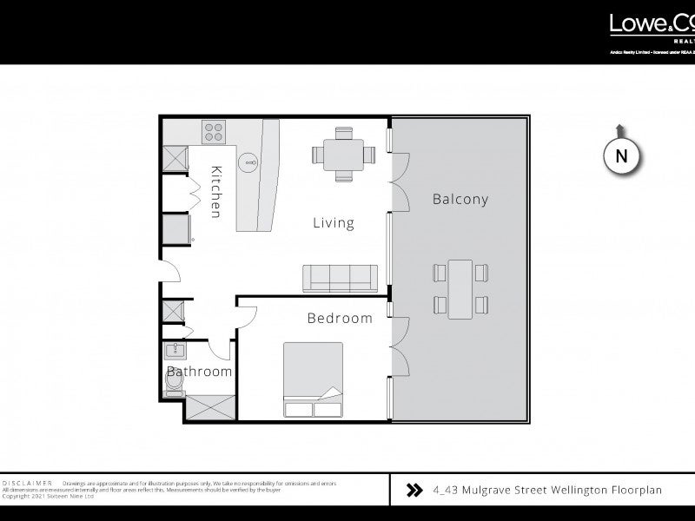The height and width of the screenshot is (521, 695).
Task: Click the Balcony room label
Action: point(460,199)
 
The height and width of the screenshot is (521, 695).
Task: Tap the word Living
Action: point(334,223)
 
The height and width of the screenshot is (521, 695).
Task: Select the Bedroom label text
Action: point(340,318)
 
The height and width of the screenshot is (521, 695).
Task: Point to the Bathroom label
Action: point(200,372)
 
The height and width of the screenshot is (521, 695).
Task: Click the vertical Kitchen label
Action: point(216,192)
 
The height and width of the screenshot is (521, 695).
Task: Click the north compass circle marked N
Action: point(621,156)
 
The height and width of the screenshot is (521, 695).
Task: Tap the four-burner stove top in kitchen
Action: point(215,132)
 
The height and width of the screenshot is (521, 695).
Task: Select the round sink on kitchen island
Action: point(249,160)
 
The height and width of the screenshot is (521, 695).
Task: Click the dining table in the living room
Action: point(344,155)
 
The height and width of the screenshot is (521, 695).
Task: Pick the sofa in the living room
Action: point(339,279)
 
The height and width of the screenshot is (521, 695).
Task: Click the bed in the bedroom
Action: point(313,380)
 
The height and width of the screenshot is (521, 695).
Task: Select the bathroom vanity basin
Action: point(175,351)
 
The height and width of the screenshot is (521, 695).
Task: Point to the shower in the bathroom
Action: point(209,409)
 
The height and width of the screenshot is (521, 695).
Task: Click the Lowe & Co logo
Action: point(651,25)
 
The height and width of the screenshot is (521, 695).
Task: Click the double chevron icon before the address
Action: point(414,491)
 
